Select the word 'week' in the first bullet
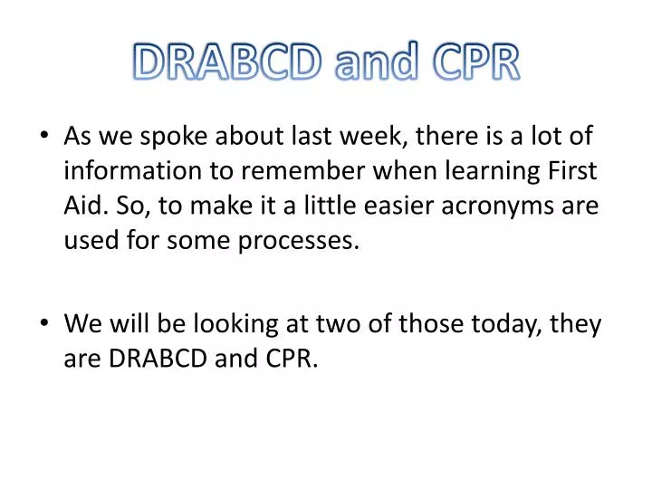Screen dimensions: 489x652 (363, 137)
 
